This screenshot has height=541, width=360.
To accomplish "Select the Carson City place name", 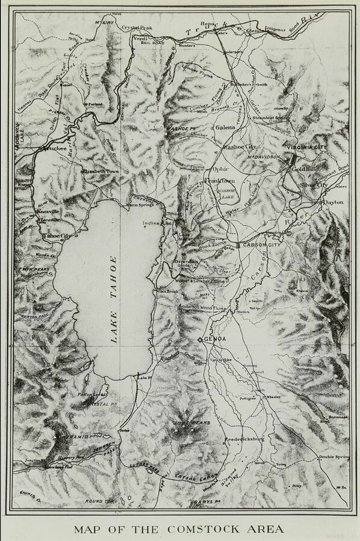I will (x=262, y=246).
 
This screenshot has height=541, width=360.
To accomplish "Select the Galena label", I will (x=225, y=128).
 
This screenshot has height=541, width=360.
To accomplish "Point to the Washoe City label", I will (x=239, y=147).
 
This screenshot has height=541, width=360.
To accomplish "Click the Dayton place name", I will (x=333, y=202).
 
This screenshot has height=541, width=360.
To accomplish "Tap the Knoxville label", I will (x=48, y=212).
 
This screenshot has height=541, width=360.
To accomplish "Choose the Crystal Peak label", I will (x=138, y=28).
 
